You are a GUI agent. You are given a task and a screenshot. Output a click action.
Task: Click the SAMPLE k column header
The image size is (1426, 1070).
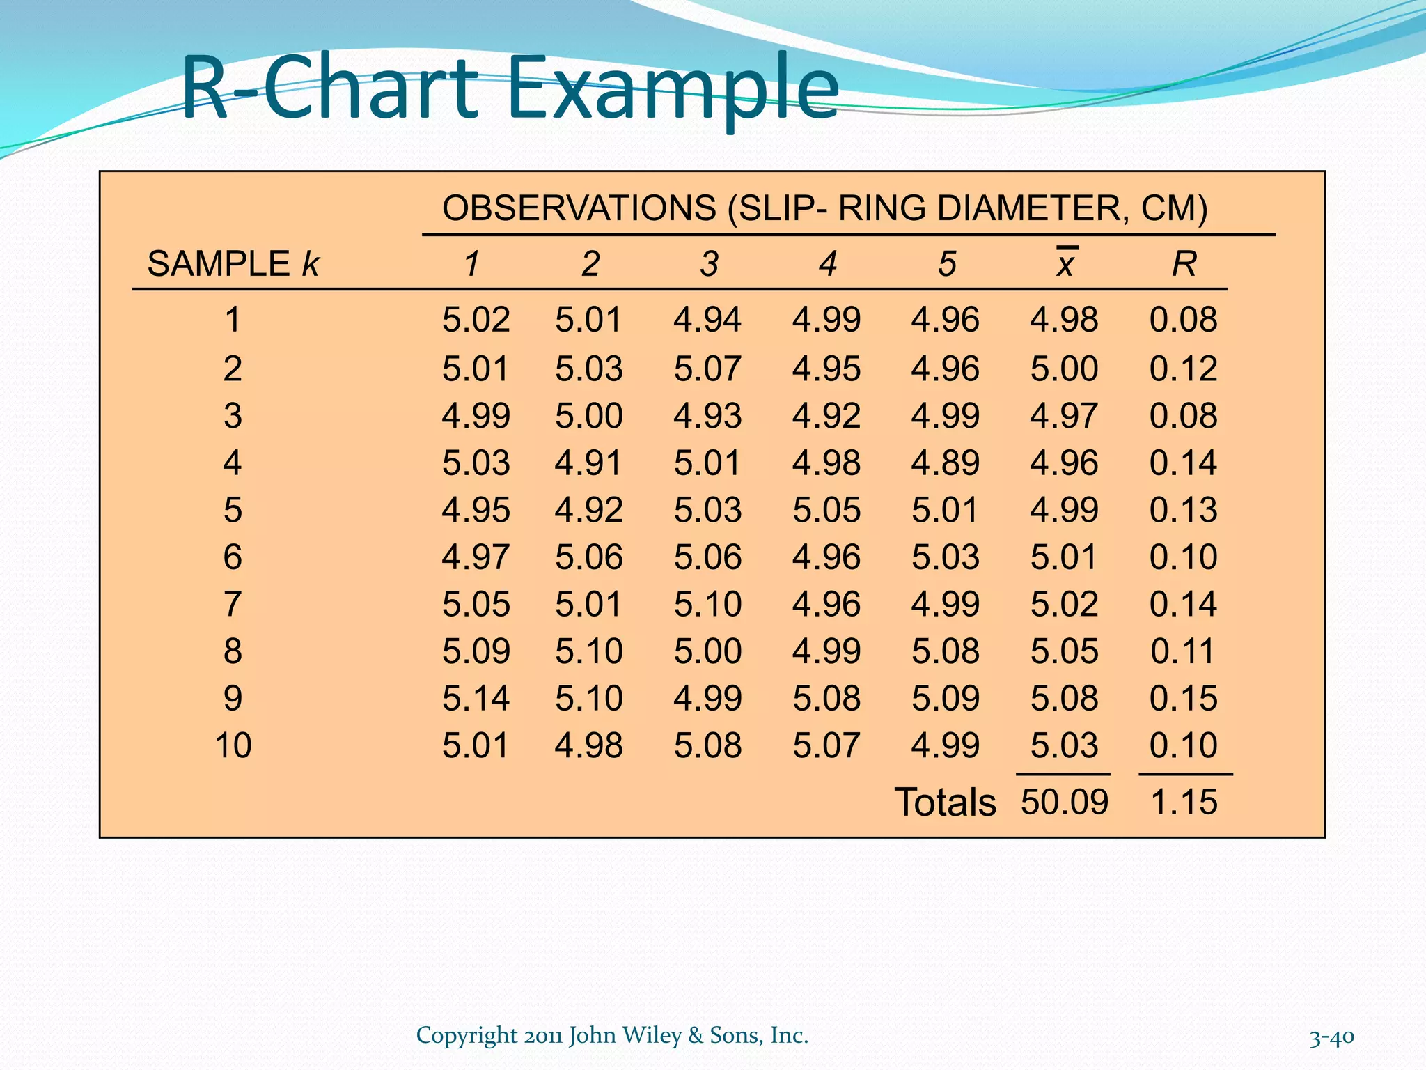233,264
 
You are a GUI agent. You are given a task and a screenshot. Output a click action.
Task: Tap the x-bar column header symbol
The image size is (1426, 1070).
1065,263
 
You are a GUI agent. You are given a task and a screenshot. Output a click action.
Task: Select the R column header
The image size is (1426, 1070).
1184,264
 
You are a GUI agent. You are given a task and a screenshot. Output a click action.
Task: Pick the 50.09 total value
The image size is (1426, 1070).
1064,801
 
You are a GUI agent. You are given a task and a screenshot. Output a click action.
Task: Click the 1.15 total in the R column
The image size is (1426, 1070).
1184,801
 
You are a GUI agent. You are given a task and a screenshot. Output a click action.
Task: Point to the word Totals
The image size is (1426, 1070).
945,802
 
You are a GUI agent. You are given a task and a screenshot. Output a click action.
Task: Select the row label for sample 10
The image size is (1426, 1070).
233,745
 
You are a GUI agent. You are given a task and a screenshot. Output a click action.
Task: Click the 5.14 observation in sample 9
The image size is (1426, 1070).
476,698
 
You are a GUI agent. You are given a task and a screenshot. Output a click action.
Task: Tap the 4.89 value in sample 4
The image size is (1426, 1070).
945,463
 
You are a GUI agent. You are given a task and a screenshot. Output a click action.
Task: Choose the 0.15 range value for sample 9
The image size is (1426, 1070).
1183,698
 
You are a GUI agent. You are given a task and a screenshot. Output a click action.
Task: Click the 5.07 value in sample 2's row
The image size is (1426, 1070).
707,369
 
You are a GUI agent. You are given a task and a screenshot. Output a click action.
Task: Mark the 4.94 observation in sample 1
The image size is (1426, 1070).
707,320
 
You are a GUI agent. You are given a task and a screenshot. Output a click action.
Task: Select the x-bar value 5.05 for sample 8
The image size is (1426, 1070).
1064,651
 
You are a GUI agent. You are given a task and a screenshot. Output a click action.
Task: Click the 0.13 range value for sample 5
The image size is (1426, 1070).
1183,510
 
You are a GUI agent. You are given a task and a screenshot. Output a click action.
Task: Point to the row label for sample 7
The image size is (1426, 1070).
233,604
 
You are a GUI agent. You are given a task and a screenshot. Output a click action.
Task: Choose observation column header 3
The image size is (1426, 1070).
709,264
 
